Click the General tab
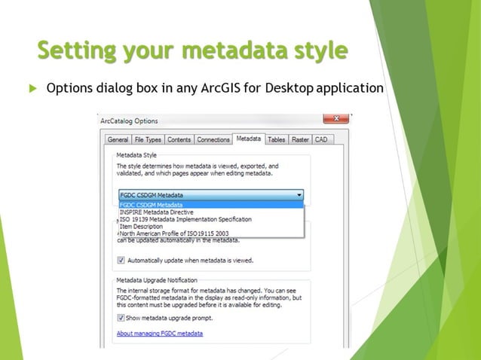[118, 139]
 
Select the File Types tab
[148, 139]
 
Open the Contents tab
[179, 139]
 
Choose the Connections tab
[213, 139]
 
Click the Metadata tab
[248, 139]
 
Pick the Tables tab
[277, 139]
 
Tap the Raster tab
[300, 139]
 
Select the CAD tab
[321, 139]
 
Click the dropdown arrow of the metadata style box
[299, 194]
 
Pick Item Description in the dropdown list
[141, 226]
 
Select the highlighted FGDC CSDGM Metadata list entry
[151, 205]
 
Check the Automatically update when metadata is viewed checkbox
[121, 261]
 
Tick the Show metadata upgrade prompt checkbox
[121, 318]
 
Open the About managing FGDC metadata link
[159, 333]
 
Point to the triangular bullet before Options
[32, 89]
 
